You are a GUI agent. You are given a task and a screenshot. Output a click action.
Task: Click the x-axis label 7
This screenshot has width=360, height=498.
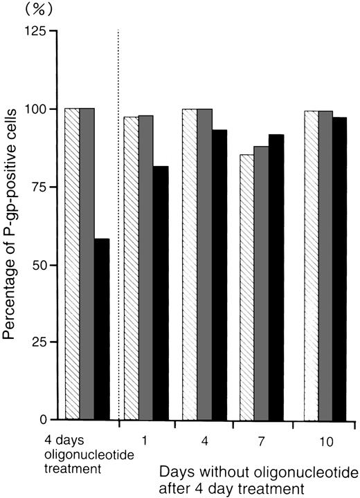point(261,439)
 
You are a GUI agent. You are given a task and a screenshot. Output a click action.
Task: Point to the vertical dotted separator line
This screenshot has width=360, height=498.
point(119,207)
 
